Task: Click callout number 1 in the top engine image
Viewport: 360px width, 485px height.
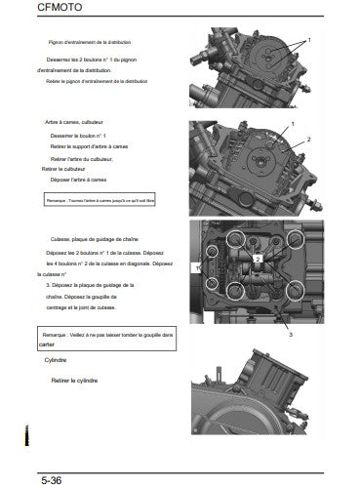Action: click(309, 40)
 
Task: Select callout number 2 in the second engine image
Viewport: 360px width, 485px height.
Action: click(309, 140)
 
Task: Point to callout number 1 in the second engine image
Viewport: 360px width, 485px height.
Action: click(291, 127)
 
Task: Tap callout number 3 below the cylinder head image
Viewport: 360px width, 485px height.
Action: click(289, 334)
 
